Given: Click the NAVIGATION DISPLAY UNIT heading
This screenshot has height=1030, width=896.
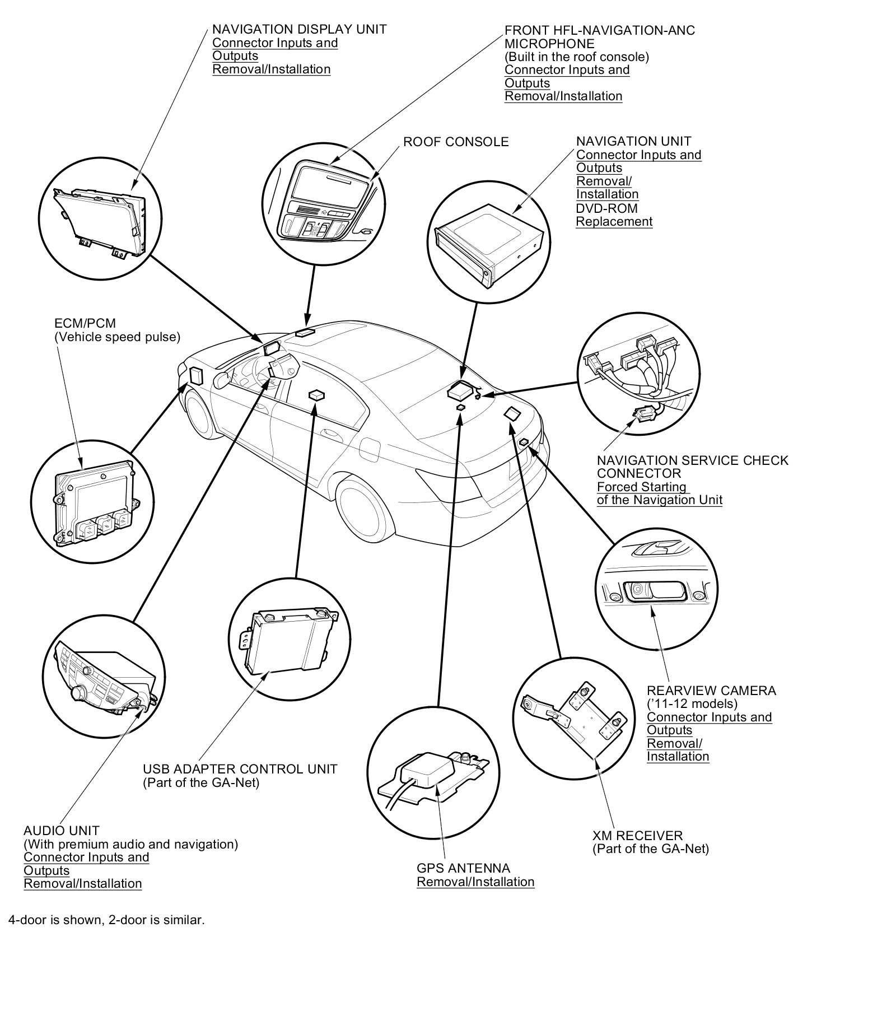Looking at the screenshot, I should pyautogui.click(x=299, y=29).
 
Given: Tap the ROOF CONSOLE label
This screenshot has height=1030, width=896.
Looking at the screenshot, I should pyautogui.click(x=456, y=142).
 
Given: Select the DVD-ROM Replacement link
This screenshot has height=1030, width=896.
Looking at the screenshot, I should pyautogui.click(x=614, y=215).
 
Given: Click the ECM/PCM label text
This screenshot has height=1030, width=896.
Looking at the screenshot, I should pyautogui.click(x=85, y=323).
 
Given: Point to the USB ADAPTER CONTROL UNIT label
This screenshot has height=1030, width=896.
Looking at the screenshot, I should pyautogui.click(x=240, y=769).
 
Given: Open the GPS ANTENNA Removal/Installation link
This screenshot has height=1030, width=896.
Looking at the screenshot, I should pyautogui.click(x=475, y=882).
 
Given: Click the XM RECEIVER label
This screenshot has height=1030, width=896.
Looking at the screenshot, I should pyautogui.click(x=637, y=836).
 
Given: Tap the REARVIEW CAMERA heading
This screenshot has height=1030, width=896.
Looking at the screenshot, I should pyautogui.click(x=711, y=691).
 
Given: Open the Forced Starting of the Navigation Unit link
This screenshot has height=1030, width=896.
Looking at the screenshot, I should pyautogui.click(x=659, y=493).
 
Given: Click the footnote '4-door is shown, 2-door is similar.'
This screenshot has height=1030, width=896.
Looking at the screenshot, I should pyautogui.click(x=106, y=920).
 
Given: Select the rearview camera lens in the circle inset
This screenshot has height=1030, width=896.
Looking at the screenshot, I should pyautogui.click(x=638, y=589).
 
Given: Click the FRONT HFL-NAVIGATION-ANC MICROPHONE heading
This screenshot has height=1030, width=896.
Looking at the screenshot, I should pyautogui.click(x=599, y=36).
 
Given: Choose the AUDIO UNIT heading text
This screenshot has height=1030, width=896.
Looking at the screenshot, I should pyautogui.click(x=62, y=831).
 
